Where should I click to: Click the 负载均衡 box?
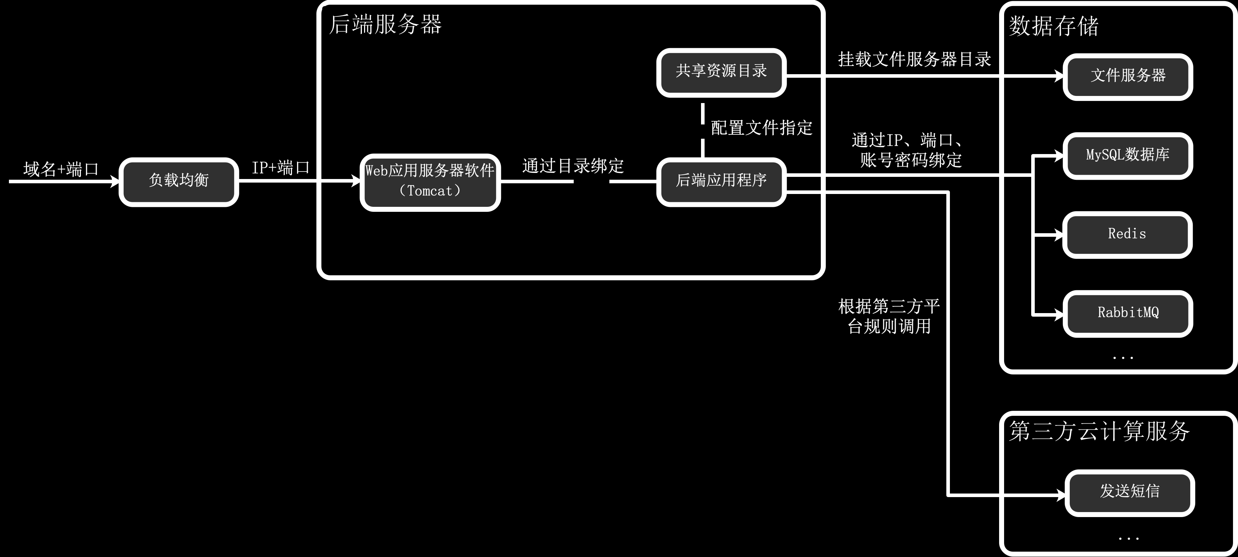[179, 182]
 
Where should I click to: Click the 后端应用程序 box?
[721, 182]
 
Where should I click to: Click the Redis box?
[1127, 235]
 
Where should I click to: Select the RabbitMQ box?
[1128, 314]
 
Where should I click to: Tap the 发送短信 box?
[1129, 492]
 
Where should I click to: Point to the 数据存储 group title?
[1053, 26]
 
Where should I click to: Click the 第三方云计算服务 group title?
[1099, 431]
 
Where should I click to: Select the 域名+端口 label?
[61, 169]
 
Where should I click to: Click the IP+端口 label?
[281, 168]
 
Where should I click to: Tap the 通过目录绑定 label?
[573, 166]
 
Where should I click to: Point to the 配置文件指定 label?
[761, 128]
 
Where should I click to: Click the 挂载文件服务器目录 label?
[915, 60]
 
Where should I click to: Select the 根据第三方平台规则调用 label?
[889, 316]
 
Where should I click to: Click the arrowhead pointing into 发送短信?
[1061, 495]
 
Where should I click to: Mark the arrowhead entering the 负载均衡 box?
[115, 182]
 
